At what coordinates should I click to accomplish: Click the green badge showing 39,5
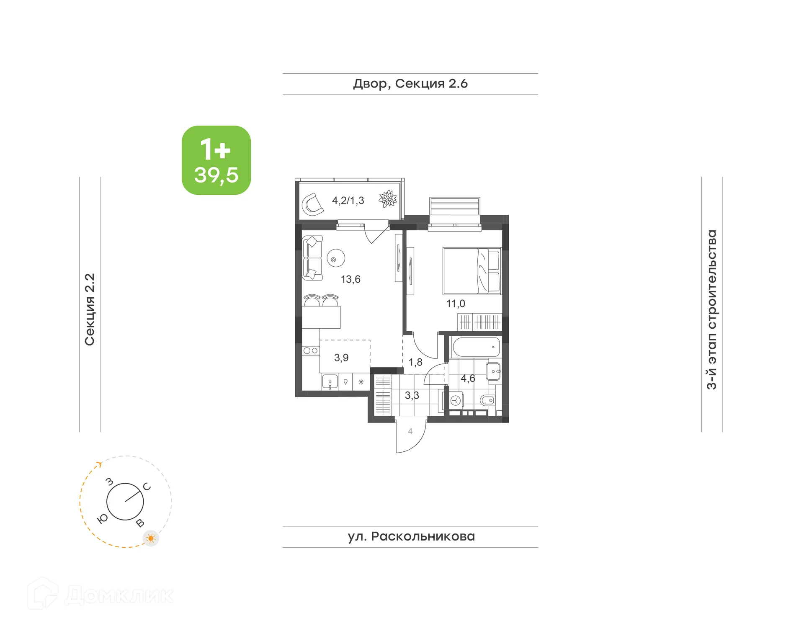pyautogui.click(x=216, y=160)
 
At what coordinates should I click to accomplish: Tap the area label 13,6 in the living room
pyautogui.click(x=350, y=279)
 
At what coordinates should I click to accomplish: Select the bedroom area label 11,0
pyautogui.click(x=455, y=304)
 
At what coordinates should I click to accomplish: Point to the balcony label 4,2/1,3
pyautogui.click(x=348, y=201)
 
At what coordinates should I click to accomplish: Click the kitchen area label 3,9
pyautogui.click(x=341, y=358)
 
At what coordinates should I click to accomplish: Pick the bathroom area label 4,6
pyautogui.click(x=468, y=379)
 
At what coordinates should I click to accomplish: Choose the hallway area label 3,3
pyautogui.click(x=412, y=395)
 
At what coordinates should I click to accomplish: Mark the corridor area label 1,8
pyautogui.click(x=415, y=362)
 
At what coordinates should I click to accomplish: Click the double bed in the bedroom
pyautogui.click(x=472, y=271)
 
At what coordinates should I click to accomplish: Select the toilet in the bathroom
pyautogui.click(x=487, y=400)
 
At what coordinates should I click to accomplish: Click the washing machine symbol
pyautogui.click(x=456, y=401)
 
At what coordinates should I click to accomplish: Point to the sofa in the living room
pyautogui.click(x=312, y=258)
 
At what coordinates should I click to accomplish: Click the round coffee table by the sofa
pyautogui.click(x=335, y=259)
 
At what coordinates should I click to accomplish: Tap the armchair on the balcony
pyautogui.click(x=312, y=204)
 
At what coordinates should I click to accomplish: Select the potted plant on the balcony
pyautogui.click(x=388, y=198)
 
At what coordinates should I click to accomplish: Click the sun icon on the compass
pyautogui.click(x=151, y=538)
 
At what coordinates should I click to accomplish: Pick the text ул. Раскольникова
pyautogui.click(x=411, y=536)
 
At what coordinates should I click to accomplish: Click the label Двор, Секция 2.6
pyautogui.click(x=410, y=84)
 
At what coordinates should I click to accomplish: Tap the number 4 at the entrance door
pyautogui.click(x=410, y=431)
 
